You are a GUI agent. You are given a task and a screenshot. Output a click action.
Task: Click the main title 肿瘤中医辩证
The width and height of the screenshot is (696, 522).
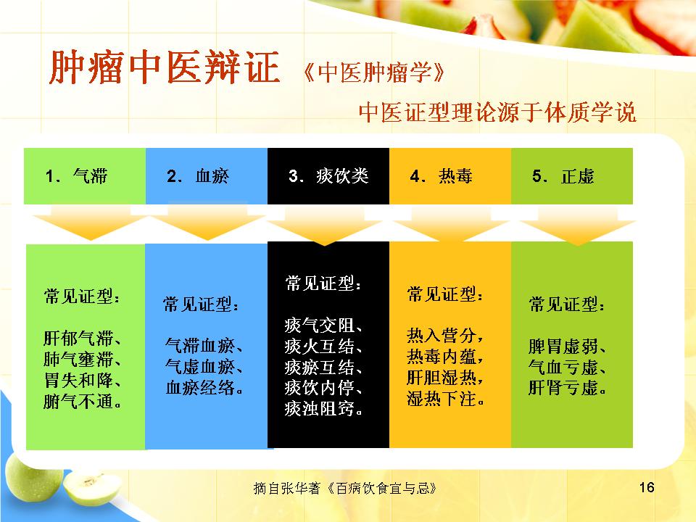click(x=165, y=67)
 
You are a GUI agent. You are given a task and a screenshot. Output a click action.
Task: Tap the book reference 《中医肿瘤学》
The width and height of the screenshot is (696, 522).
click(x=374, y=72)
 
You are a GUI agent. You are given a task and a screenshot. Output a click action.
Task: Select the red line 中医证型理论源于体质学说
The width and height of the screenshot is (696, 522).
click(x=497, y=112)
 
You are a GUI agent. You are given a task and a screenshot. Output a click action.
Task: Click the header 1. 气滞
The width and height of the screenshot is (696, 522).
click(x=76, y=176)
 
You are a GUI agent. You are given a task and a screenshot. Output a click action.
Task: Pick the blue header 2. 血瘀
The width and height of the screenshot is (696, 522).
click(x=198, y=176)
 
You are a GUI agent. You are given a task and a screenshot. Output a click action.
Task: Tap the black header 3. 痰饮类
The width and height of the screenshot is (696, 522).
click(x=328, y=176)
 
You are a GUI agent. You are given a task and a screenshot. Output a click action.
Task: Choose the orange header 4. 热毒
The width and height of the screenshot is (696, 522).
click(x=442, y=176)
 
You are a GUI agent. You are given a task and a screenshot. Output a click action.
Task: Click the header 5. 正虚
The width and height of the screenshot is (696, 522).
click(x=563, y=176)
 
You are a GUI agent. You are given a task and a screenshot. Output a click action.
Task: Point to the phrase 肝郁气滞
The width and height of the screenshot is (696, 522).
click(x=78, y=339)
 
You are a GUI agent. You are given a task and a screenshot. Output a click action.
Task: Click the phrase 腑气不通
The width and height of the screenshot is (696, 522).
click(x=78, y=401)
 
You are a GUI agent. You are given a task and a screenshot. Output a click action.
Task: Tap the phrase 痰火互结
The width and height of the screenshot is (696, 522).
click(x=319, y=347)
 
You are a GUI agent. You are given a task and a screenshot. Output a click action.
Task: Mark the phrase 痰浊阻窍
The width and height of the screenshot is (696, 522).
click(x=319, y=408)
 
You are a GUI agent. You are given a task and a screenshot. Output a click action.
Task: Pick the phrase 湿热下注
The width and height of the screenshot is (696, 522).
click(x=442, y=398)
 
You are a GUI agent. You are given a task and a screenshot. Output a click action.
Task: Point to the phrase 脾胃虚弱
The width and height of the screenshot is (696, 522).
click(x=563, y=347)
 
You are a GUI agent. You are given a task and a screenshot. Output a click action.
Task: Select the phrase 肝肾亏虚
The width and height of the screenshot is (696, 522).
click(x=563, y=387)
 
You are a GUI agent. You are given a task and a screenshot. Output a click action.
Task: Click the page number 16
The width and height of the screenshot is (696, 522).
click(x=647, y=487)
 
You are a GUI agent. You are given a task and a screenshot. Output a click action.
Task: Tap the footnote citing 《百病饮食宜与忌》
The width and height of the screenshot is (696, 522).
click(x=345, y=488)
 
